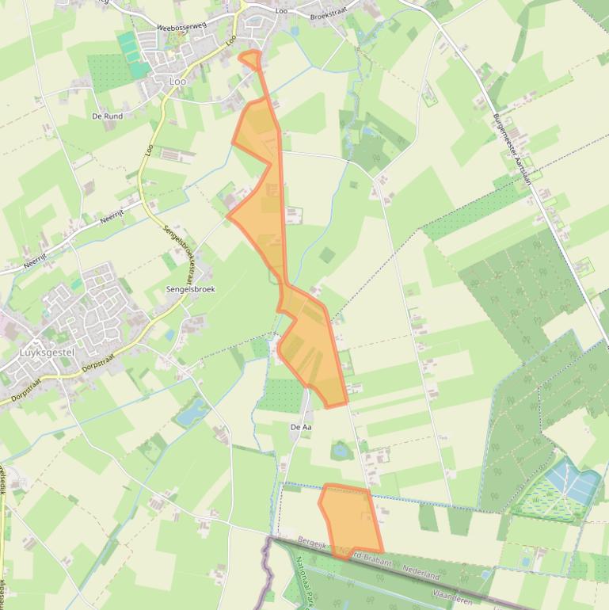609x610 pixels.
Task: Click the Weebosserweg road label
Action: [181, 26]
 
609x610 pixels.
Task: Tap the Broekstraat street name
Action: [330, 16]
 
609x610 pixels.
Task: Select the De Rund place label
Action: [107, 116]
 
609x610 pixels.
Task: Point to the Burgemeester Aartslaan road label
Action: [511, 147]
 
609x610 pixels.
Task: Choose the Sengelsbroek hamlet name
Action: [190, 290]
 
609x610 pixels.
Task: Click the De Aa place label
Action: [301, 427]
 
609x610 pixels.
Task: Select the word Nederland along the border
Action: [421, 570]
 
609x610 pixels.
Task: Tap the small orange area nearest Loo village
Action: [250, 59]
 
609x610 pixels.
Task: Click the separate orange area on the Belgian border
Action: [348, 520]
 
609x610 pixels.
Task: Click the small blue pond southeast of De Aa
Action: [341, 450]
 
